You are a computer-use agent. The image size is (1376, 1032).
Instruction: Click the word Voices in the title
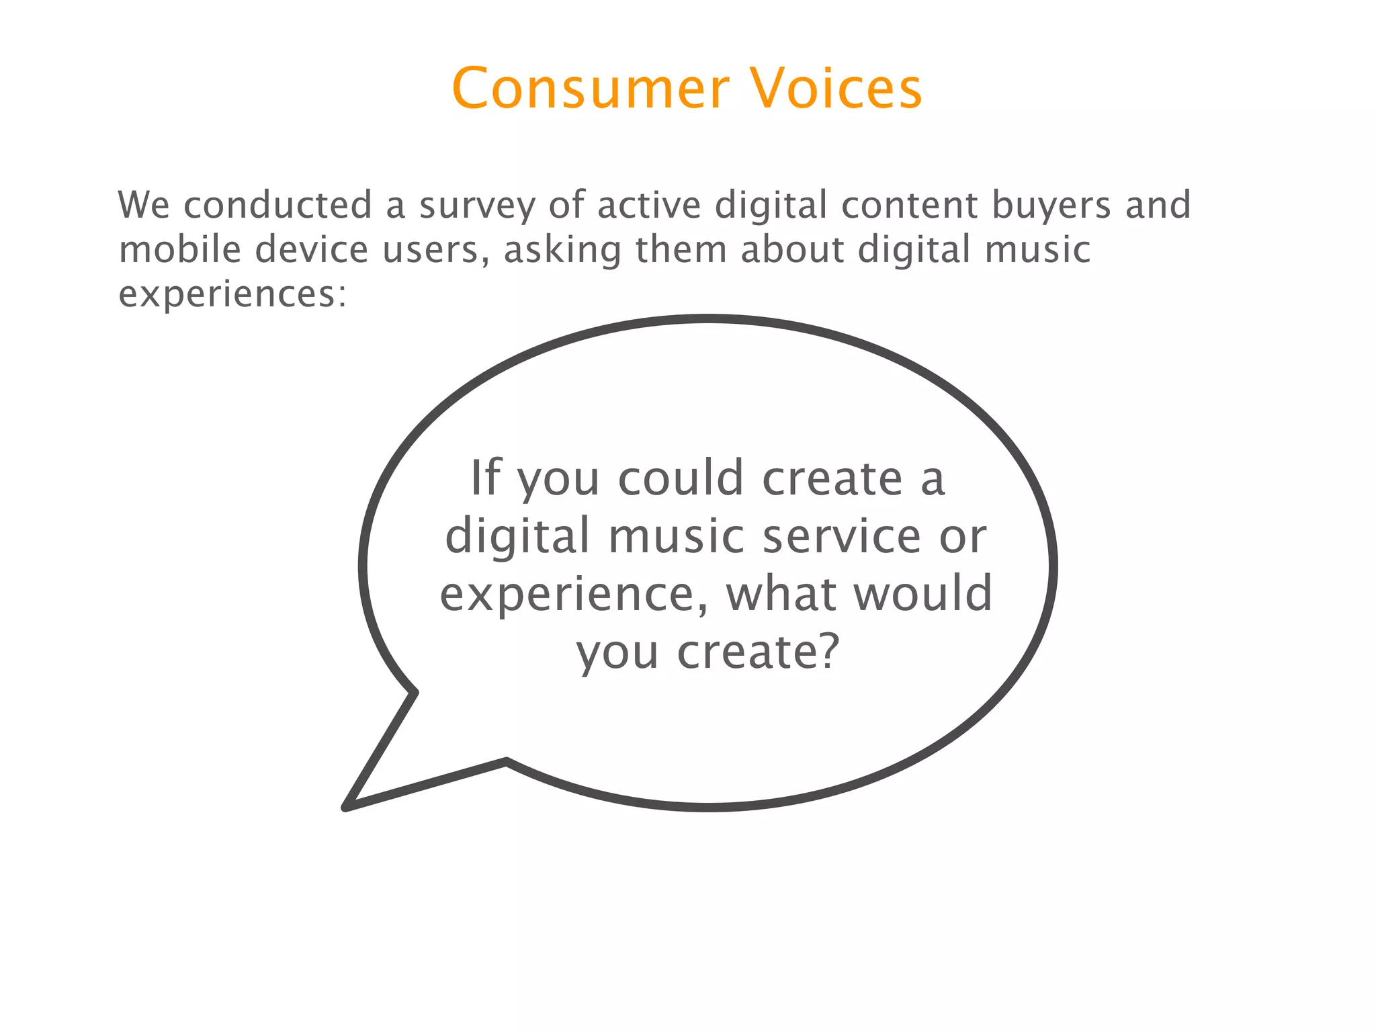click(836, 89)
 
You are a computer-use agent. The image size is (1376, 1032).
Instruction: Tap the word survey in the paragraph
click(477, 206)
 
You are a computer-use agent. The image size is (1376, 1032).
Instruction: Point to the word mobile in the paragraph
click(179, 250)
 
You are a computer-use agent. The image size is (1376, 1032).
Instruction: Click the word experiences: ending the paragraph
click(232, 295)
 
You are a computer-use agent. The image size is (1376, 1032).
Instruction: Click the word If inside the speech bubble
click(486, 478)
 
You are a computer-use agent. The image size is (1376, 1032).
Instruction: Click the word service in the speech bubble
click(842, 536)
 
